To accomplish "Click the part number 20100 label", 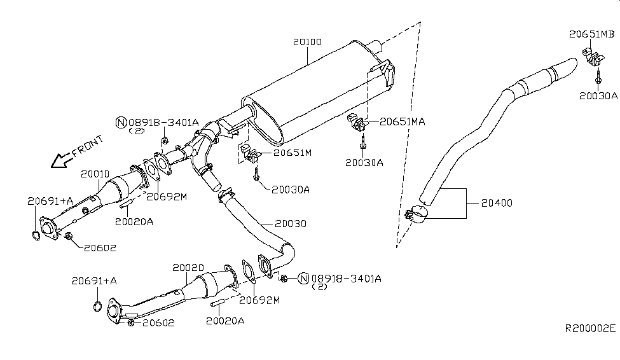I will (x=307, y=43).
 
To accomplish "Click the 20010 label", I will (x=95, y=173).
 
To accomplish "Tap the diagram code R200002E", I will (x=591, y=329).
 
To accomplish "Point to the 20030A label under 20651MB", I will (x=598, y=96).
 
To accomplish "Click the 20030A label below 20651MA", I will (x=364, y=162).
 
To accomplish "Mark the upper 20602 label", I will (x=99, y=247).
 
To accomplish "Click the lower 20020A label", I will (x=225, y=321).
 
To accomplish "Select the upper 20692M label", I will (x=166, y=197).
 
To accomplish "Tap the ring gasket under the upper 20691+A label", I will (x=36, y=237).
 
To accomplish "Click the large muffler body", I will (x=312, y=89).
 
